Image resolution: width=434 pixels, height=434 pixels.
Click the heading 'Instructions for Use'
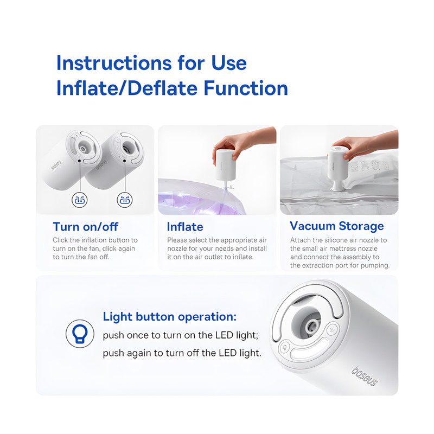[x=151, y=63]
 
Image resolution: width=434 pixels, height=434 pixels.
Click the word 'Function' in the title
[x=246, y=88]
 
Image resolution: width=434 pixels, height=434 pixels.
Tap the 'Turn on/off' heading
[x=86, y=227]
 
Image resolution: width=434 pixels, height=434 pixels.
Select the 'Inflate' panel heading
[x=185, y=227]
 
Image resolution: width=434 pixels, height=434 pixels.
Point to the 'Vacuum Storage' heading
[x=336, y=226]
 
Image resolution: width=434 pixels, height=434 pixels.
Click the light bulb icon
[x=80, y=334]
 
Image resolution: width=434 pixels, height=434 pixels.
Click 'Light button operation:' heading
[x=170, y=317]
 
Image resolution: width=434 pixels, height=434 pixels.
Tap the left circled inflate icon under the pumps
[x=80, y=200]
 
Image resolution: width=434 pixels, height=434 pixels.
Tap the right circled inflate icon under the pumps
[x=125, y=200]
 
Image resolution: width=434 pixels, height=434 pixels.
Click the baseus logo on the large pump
[x=365, y=376]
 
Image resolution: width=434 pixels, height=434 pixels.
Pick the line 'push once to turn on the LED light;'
[x=181, y=335]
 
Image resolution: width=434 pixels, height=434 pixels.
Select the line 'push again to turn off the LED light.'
[x=182, y=353]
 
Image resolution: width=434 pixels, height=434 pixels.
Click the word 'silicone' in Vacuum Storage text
[x=328, y=240]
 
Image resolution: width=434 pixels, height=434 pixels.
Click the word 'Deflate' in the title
[x=163, y=88]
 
